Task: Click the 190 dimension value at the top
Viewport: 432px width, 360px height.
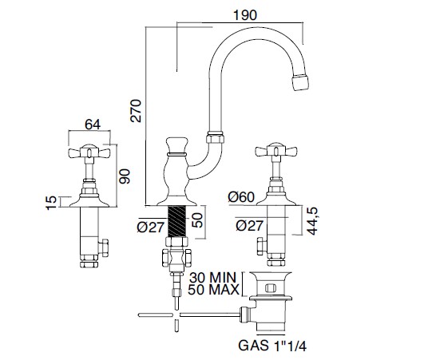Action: [244, 15]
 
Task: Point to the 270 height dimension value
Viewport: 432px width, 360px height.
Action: [136, 111]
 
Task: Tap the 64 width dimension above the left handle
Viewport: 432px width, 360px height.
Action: [93, 125]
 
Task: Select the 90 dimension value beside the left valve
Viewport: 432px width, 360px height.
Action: [124, 176]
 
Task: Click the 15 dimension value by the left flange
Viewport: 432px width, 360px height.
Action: [52, 203]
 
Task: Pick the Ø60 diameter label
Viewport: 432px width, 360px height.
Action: [241, 197]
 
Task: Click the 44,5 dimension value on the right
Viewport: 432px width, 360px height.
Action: [312, 221]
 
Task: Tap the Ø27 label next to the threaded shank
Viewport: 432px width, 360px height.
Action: [150, 227]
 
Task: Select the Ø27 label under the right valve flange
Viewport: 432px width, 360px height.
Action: [250, 226]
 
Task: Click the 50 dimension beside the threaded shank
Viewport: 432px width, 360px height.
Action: [197, 220]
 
